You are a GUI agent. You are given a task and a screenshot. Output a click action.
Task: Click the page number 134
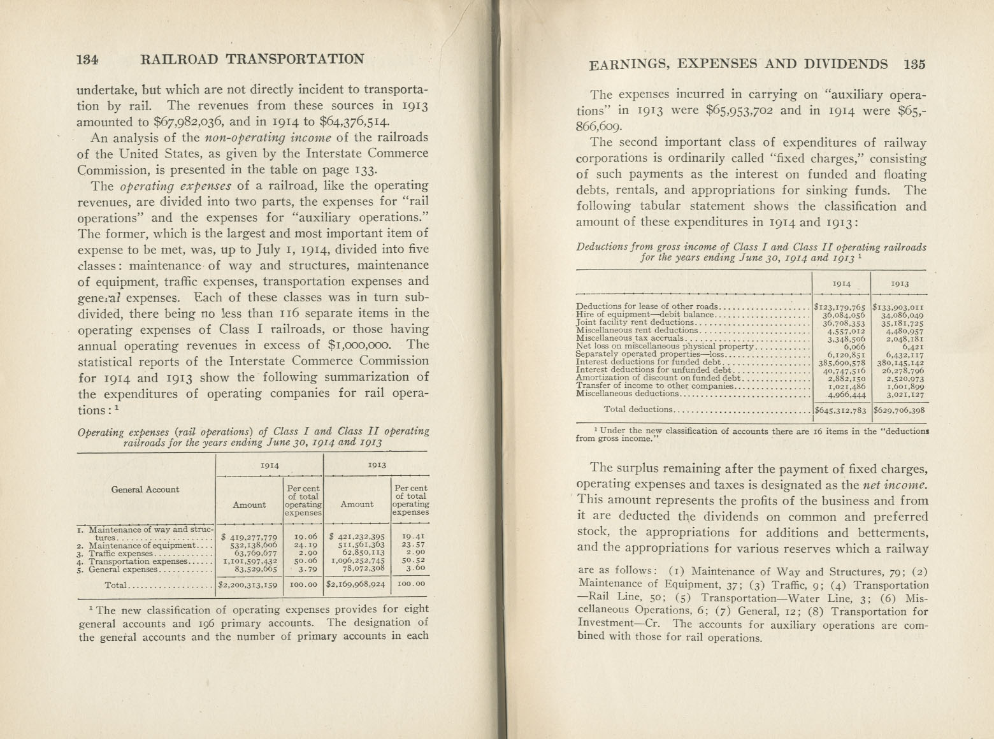[x=87, y=59]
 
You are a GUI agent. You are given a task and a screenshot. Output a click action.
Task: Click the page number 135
[x=914, y=64]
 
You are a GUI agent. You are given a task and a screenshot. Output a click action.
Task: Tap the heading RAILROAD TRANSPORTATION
[x=252, y=59]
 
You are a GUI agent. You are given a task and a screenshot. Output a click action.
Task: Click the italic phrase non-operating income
[x=268, y=138]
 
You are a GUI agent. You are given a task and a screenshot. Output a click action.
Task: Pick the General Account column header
[x=145, y=489]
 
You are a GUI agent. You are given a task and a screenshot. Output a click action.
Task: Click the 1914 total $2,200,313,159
[x=248, y=584]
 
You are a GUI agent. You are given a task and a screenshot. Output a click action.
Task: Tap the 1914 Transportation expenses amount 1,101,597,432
[x=248, y=561]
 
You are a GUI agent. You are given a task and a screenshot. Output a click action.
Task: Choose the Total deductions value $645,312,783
[x=841, y=410]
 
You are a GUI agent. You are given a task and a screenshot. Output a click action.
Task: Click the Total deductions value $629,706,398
[x=899, y=410]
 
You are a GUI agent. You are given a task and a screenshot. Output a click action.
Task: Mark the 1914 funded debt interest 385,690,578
[x=842, y=362]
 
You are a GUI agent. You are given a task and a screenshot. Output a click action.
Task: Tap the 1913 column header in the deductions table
[x=900, y=283]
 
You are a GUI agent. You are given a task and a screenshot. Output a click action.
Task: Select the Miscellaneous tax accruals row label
[x=630, y=338]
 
